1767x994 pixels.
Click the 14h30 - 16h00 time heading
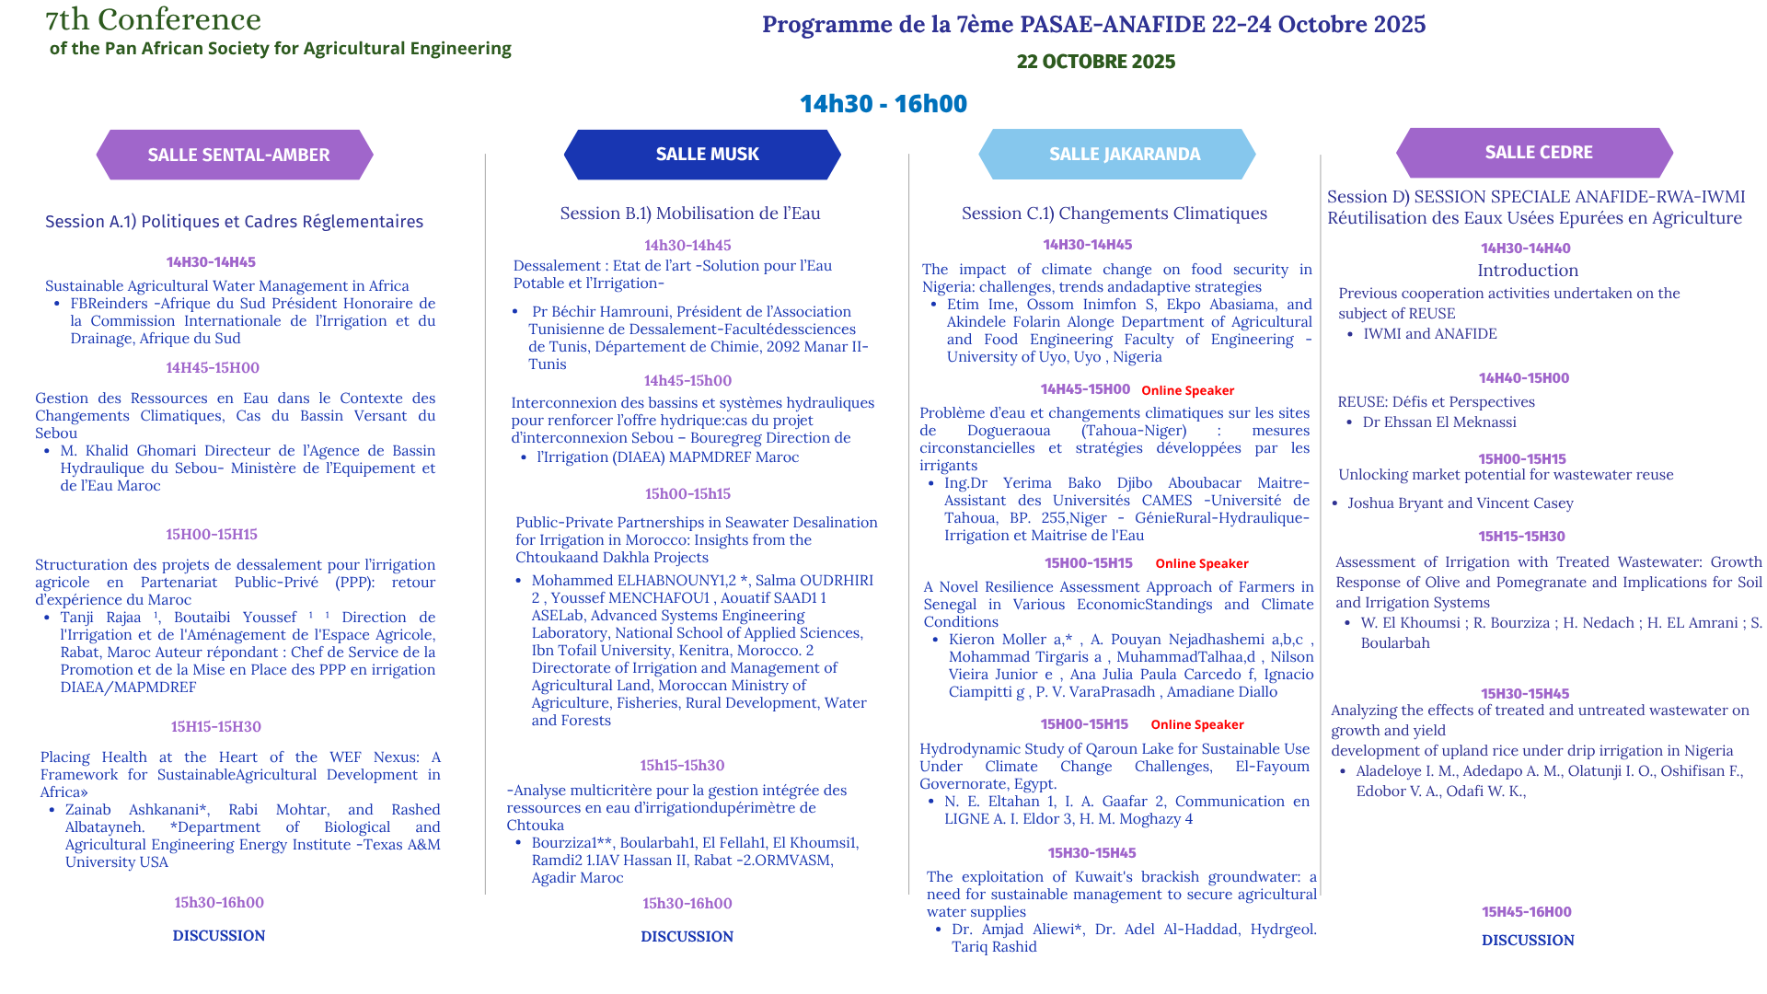(883, 104)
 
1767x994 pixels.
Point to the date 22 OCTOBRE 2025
(1095, 62)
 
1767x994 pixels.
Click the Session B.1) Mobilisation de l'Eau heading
(689, 214)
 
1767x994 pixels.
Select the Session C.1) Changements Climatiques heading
(1114, 214)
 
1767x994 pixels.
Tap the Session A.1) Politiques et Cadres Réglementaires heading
(234, 222)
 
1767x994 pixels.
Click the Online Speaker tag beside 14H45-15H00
(1187, 390)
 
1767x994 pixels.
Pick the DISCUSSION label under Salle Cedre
(1527, 941)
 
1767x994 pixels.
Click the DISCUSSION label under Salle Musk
(687, 937)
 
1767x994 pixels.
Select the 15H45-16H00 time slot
(1526, 912)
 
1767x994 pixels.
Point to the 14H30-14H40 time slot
(1525, 248)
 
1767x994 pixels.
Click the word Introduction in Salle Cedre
(1527, 271)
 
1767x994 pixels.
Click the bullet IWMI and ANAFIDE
(1429, 334)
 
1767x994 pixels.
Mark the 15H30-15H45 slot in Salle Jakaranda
(1091, 853)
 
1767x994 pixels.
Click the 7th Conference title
(154, 19)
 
